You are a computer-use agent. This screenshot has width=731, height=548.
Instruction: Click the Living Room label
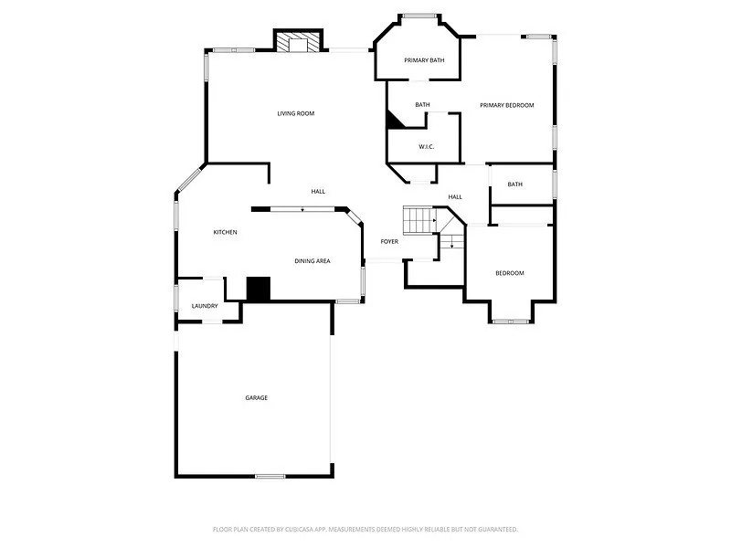(x=296, y=114)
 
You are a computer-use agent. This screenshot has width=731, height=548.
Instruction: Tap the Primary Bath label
(x=424, y=60)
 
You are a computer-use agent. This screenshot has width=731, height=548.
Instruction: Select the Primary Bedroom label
(x=507, y=105)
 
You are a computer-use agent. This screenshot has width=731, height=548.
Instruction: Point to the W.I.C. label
(x=426, y=146)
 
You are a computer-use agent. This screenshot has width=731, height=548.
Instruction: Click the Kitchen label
(x=226, y=232)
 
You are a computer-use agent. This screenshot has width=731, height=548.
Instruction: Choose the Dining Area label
(x=313, y=261)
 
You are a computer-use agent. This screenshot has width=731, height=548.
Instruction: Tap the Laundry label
(x=204, y=306)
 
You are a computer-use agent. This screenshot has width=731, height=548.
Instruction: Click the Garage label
(x=256, y=397)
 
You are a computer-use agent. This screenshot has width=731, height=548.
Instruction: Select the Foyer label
(x=389, y=241)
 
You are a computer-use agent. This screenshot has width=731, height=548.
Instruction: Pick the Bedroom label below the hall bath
(x=510, y=273)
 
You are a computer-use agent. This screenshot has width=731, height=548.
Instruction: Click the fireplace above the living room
(x=300, y=42)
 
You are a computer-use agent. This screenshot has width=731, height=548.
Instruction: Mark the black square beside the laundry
(x=260, y=289)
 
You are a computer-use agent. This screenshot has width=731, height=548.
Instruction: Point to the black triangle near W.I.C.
(x=394, y=121)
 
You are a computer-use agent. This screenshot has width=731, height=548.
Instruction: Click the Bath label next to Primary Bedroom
(x=422, y=105)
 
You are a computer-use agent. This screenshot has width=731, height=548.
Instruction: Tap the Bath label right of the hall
(x=515, y=184)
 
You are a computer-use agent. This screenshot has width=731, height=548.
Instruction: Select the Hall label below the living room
(x=318, y=192)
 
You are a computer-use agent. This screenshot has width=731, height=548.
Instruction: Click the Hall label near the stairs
(x=455, y=196)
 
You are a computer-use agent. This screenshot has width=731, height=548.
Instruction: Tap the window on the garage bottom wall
(x=270, y=476)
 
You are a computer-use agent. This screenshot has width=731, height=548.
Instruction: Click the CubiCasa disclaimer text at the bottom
(x=365, y=529)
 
